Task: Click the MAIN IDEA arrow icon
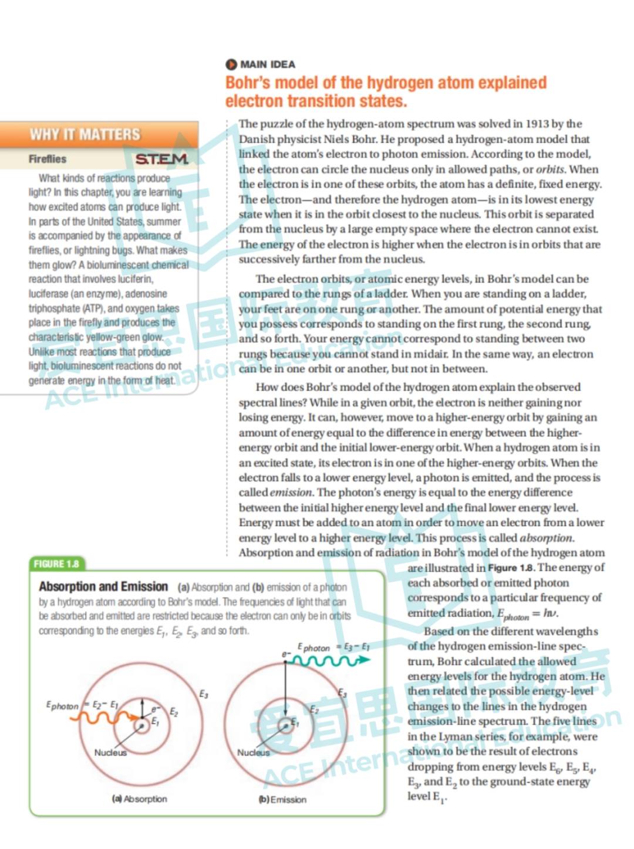tap(231, 64)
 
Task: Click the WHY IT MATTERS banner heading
tap(86, 134)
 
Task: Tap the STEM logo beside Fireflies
tap(162, 159)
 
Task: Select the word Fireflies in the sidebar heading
tap(48, 159)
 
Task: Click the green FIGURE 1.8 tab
tap(56, 564)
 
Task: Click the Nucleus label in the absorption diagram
tap(110, 753)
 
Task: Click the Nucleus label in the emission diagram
tap(254, 753)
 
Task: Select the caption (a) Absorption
tap(140, 799)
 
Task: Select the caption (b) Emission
tap(283, 800)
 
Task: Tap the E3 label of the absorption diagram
tap(203, 694)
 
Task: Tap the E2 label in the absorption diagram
tap(174, 712)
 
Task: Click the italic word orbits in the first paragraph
tap(550, 169)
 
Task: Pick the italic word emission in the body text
tap(291, 493)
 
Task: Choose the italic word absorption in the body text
tap(546, 538)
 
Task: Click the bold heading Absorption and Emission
tap(103, 587)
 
